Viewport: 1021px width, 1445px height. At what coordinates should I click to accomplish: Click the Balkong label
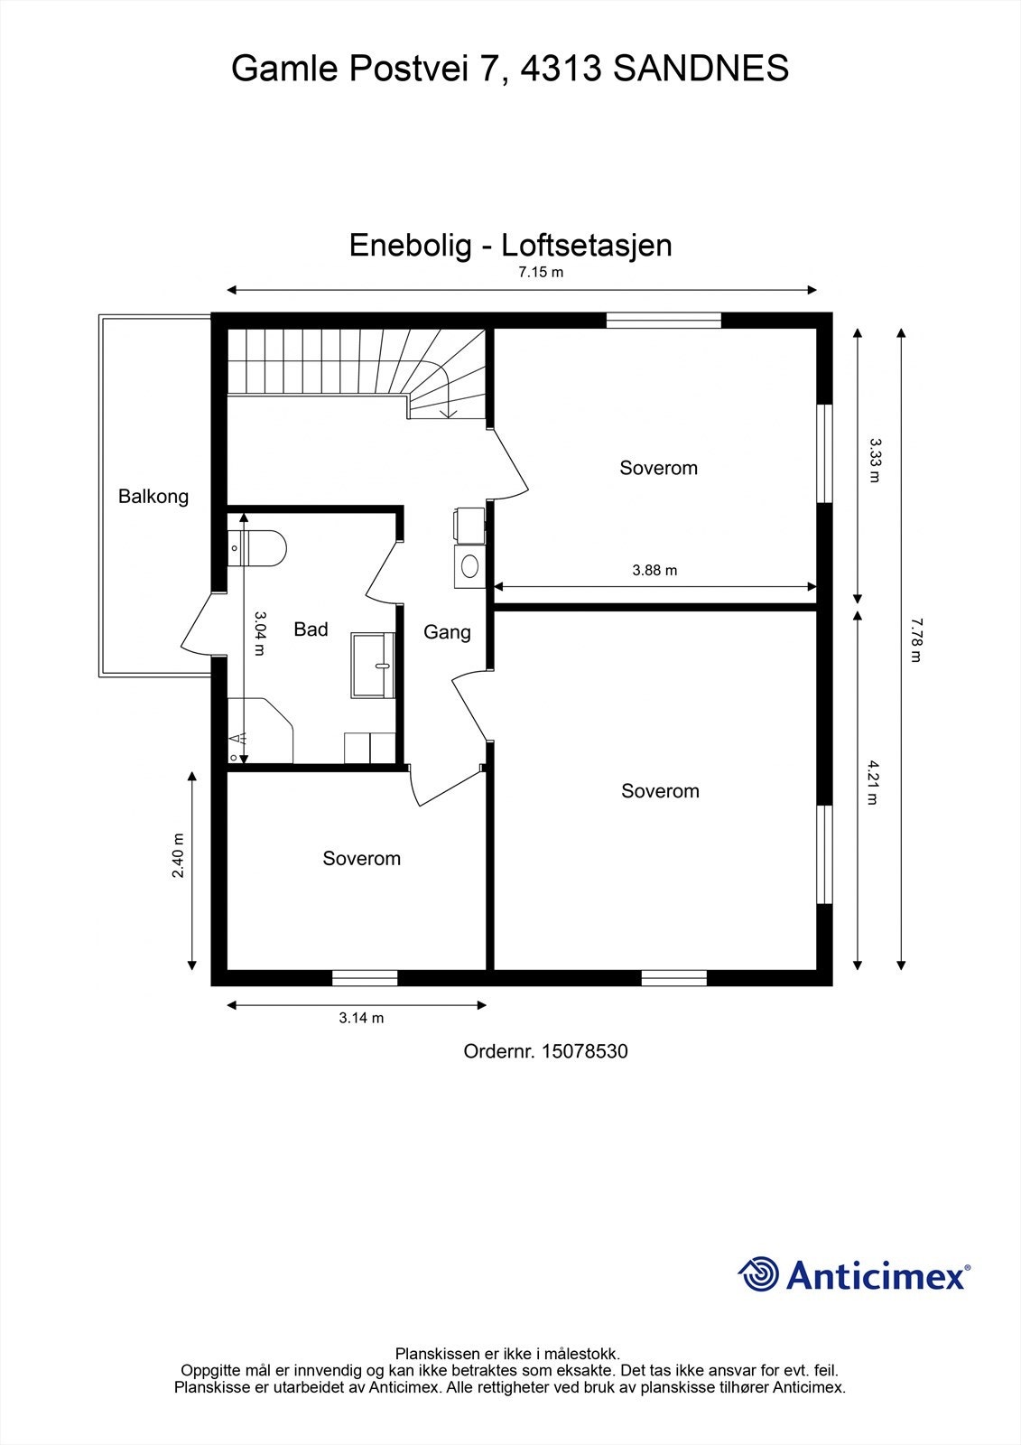[153, 496]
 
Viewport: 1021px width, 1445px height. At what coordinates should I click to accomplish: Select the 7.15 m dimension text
[541, 272]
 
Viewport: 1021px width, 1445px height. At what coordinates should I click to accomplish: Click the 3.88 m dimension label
[654, 570]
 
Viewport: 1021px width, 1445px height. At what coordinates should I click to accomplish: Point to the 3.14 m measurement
[361, 1018]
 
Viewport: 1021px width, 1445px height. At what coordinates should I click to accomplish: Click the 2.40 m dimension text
[178, 855]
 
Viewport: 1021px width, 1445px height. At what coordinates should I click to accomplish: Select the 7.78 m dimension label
[915, 640]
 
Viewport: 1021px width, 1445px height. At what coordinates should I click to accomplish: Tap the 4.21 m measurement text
[872, 782]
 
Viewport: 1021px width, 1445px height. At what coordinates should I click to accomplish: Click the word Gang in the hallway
[447, 632]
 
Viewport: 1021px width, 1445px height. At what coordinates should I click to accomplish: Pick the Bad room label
[311, 629]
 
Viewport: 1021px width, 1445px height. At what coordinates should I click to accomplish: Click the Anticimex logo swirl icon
[758, 1274]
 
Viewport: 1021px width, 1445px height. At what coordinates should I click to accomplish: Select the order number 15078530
[584, 1051]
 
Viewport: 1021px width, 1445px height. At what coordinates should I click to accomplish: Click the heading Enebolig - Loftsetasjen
[510, 245]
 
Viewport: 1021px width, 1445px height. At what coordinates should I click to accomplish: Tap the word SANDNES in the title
[701, 69]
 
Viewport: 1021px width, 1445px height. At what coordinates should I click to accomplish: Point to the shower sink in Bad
[373, 665]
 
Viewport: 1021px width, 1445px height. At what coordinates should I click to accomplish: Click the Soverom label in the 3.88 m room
[658, 468]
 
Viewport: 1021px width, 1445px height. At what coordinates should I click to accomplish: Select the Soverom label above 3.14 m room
[361, 858]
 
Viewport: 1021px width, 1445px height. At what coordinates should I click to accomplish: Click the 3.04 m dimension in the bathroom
[259, 633]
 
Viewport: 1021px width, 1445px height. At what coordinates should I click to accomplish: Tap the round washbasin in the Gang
[469, 566]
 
